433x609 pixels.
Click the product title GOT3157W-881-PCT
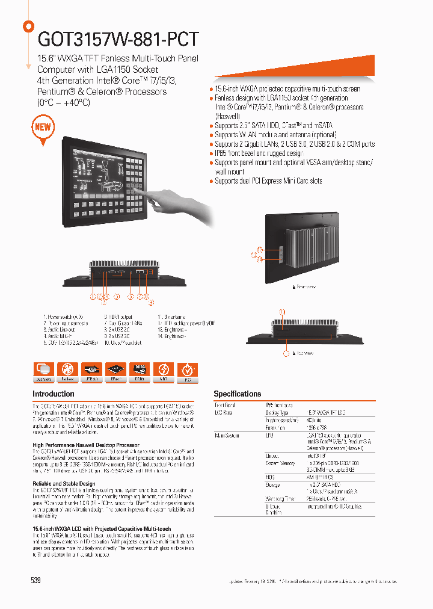click(x=118, y=39)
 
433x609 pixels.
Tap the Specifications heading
click(x=238, y=394)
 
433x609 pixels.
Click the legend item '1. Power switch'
click(x=63, y=317)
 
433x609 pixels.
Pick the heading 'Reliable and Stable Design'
click(x=63, y=484)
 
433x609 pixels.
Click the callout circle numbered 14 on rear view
click(x=260, y=259)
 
